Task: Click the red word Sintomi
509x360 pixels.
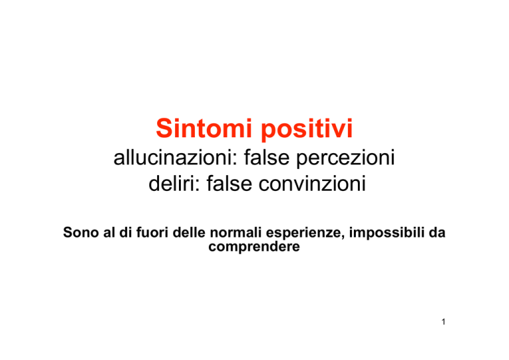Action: (x=204, y=128)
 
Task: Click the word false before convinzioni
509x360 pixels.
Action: (x=229, y=184)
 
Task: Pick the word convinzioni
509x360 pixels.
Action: (x=312, y=184)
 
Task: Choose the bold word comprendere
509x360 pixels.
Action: (x=254, y=247)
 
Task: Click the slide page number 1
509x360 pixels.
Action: (x=443, y=322)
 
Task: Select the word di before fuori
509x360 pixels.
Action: (x=125, y=233)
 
